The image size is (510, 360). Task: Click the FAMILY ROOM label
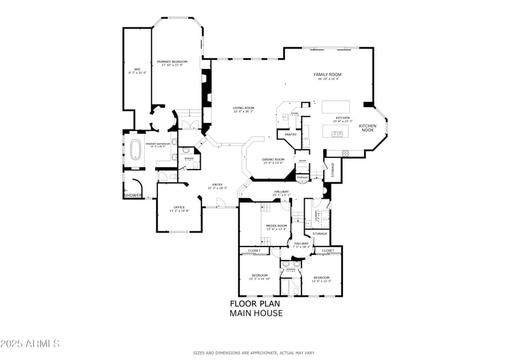[327, 75]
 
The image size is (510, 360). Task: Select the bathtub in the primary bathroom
[136, 150]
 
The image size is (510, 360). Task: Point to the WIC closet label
[137, 69]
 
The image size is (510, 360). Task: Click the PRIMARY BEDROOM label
[173, 61]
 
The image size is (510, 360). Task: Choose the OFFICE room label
[179, 207]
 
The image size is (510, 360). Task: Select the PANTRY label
[291, 134]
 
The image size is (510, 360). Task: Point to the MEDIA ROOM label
[277, 226]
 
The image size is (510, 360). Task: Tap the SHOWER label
[133, 195]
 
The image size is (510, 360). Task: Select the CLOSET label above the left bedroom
[254, 250]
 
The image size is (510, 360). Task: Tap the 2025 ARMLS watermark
[30, 344]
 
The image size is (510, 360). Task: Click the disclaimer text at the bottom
[254, 352]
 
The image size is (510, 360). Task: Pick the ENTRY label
[217, 185]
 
